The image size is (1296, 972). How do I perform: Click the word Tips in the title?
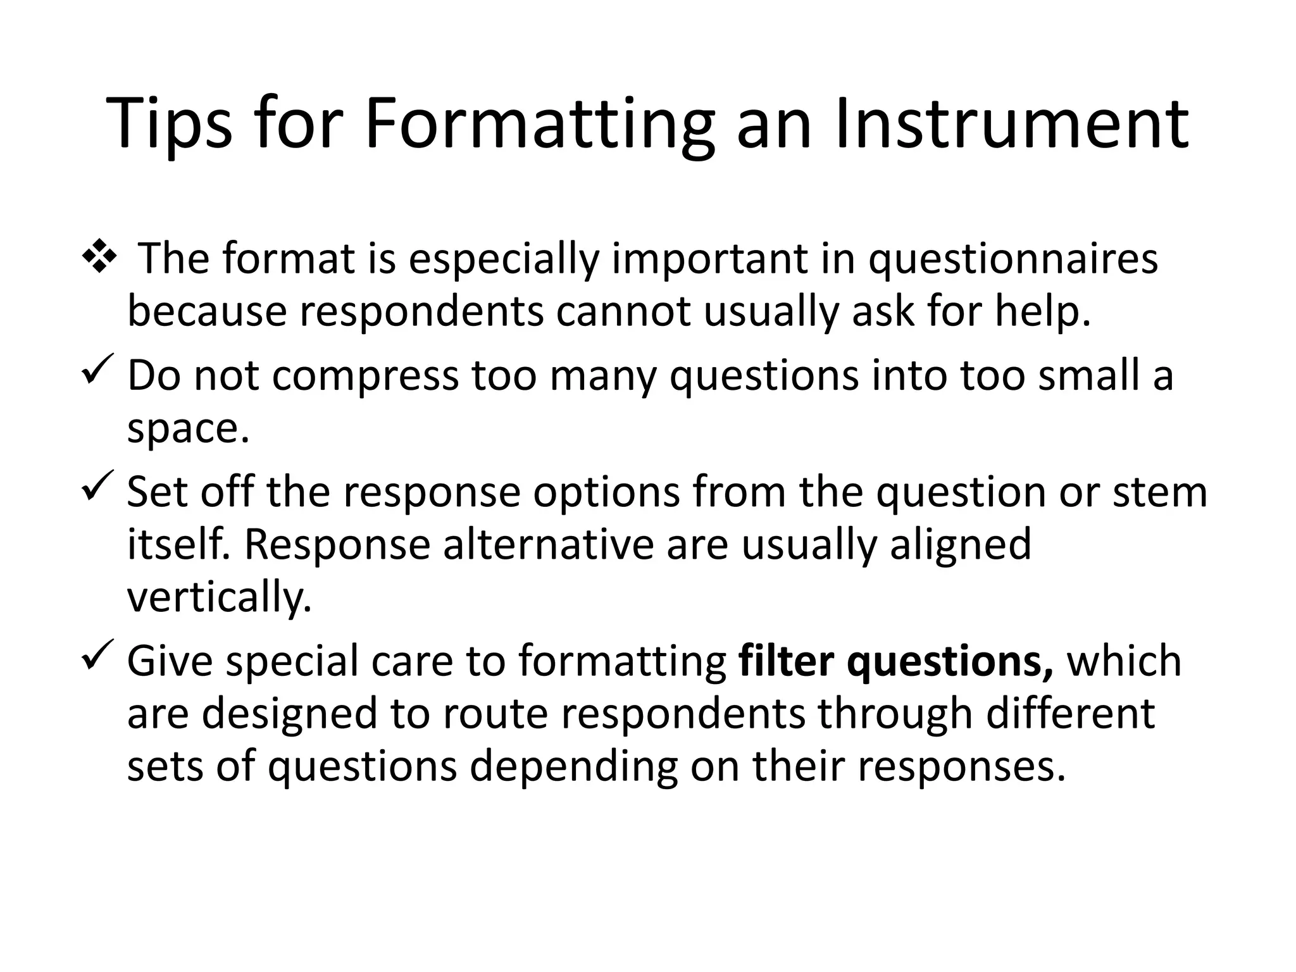click(x=170, y=125)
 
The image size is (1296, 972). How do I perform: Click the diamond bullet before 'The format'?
click(x=99, y=258)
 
